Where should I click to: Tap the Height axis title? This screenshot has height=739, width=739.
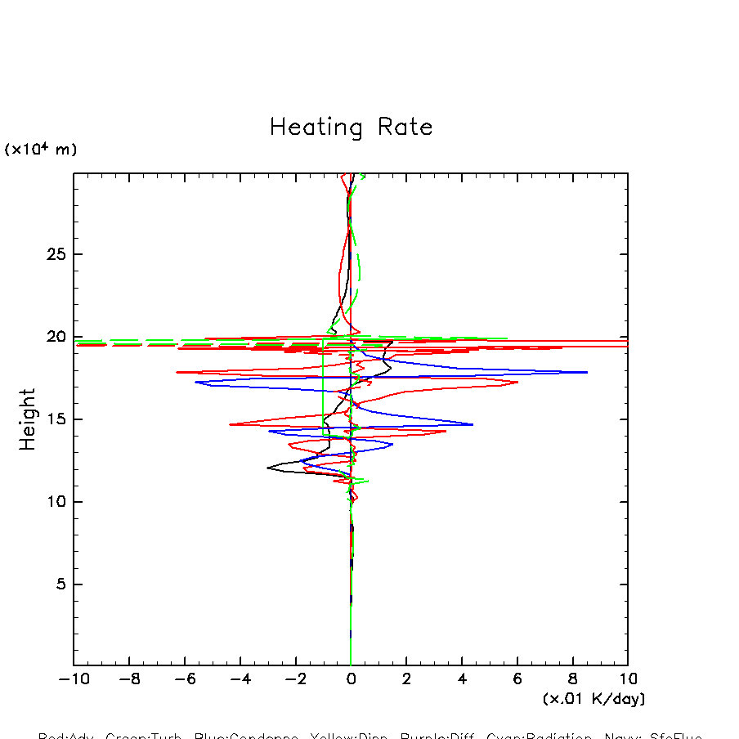point(28,419)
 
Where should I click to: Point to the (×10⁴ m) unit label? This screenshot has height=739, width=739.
point(41,150)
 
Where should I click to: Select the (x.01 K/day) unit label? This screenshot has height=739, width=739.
point(593,699)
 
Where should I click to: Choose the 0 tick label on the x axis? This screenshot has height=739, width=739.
point(351,679)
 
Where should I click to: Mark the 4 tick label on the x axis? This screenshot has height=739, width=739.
point(462,679)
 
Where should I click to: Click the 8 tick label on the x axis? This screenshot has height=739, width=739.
point(572,679)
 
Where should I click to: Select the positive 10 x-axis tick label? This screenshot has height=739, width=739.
point(628,679)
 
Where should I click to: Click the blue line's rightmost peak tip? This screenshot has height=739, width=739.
point(588,372)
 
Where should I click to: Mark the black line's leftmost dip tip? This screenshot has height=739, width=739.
point(267,468)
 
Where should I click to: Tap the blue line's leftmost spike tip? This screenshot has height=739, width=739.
point(195,382)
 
